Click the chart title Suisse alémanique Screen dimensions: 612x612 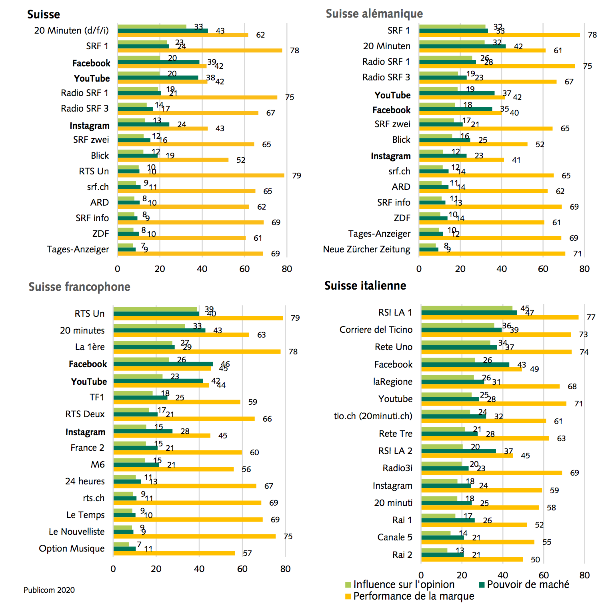tap(374, 14)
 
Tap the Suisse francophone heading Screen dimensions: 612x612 tap(79, 287)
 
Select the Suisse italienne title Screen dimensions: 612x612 tap(365, 286)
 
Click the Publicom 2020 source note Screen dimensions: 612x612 tap(49, 590)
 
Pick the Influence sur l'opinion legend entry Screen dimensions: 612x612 tap(400, 584)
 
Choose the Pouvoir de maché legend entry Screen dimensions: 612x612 tap(524, 584)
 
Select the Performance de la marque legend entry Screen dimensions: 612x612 tap(410, 596)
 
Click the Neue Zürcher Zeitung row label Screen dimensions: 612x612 tap(366, 250)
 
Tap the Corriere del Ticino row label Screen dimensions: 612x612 tap(376, 330)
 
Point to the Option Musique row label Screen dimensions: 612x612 tap(72, 548)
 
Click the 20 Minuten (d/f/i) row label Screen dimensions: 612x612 tap(71, 30)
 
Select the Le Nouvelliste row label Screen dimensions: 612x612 tap(76, 532)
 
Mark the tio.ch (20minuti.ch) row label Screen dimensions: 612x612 tap(373, 416)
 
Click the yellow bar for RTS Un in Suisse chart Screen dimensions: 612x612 tap(201, 175)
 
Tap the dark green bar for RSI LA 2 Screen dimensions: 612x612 tap(458, 451)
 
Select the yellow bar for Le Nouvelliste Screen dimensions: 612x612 tap(194, 536)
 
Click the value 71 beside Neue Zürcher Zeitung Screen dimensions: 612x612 tap(577, 254)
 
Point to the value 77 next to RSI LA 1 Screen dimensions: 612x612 tap(591, 317)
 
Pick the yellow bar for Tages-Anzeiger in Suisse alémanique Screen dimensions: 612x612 tap(490, 238)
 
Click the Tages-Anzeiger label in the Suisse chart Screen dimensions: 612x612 tap(78, 250)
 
